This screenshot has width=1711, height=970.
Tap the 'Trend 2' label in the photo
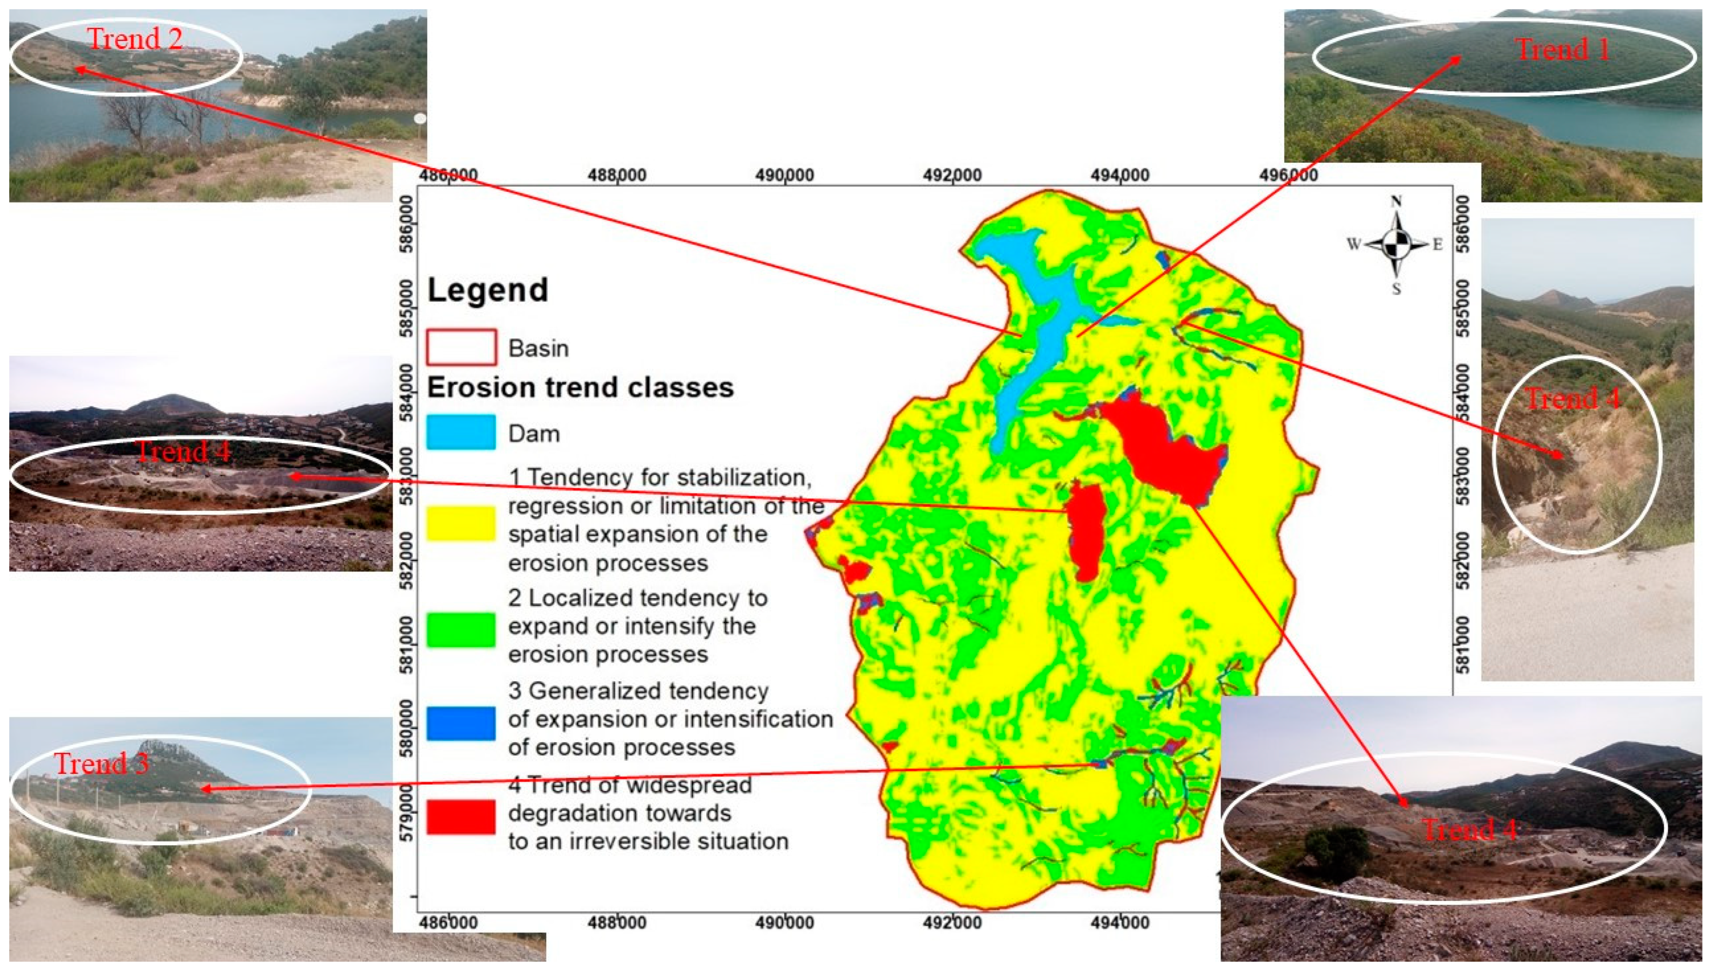click(135, 39)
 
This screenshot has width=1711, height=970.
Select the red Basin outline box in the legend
click(461, 347)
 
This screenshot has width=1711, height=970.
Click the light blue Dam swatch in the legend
click(461, 432)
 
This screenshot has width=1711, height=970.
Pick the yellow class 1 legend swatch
click(461, 523)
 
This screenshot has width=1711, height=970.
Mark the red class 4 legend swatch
click(461, 816)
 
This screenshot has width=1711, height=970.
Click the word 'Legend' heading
click(488, 290)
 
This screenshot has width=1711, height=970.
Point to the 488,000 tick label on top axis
click(617, 175)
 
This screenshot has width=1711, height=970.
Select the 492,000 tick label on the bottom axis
click(953, 923)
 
